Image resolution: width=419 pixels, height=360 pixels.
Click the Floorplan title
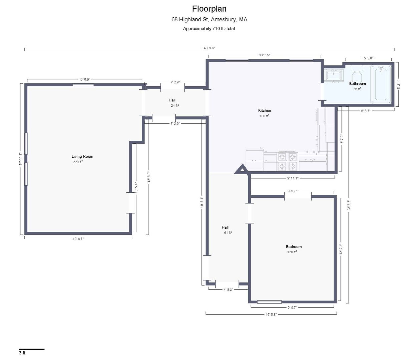point(209,9)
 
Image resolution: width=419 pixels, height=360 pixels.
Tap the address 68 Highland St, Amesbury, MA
point(209,20)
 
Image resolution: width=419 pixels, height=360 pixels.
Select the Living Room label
point(82,156)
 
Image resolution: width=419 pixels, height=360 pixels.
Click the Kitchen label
point(264,111)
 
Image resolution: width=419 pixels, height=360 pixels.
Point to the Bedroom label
point(294,247)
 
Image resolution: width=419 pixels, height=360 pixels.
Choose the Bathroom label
point(357,84)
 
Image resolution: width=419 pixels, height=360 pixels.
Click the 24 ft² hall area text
point(175,105)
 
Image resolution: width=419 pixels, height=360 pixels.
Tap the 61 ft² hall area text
point(228,233)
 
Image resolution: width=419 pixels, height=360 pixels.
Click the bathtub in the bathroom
point(381,84)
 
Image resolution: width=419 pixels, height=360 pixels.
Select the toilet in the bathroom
point(357,74)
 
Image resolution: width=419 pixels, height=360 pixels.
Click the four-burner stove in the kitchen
point(288,161)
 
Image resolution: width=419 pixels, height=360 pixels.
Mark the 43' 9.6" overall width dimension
point(209,48)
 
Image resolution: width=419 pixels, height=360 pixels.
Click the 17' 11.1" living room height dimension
point(20,159)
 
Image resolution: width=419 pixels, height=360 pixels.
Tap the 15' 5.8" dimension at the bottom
point(271,314)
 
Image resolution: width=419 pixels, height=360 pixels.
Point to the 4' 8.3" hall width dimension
point(228,290)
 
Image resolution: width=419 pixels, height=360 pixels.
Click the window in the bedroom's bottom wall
point(269,302)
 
